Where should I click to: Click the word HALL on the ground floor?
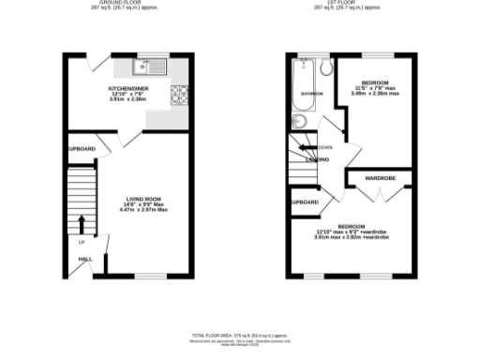point(84,258)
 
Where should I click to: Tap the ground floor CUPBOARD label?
point(81,149)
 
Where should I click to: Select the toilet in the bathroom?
point(324,67)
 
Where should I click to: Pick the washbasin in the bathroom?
point(297,121)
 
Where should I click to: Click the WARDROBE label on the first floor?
point(378,177)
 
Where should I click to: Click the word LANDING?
point(317,159)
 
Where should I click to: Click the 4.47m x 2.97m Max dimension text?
point(144,209)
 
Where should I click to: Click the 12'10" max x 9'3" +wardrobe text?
point(352,231)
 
